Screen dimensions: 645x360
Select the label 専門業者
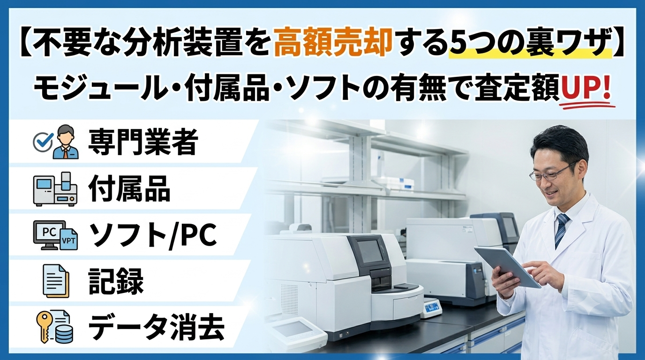(143, 142)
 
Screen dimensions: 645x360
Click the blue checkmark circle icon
(43, 142)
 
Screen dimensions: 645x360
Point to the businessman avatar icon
(66, 142)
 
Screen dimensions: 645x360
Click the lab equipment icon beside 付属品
(55, 189)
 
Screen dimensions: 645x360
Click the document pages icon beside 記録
(56, 281)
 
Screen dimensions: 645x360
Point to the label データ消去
(157, 328)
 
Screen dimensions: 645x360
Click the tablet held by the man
(507, 267)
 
